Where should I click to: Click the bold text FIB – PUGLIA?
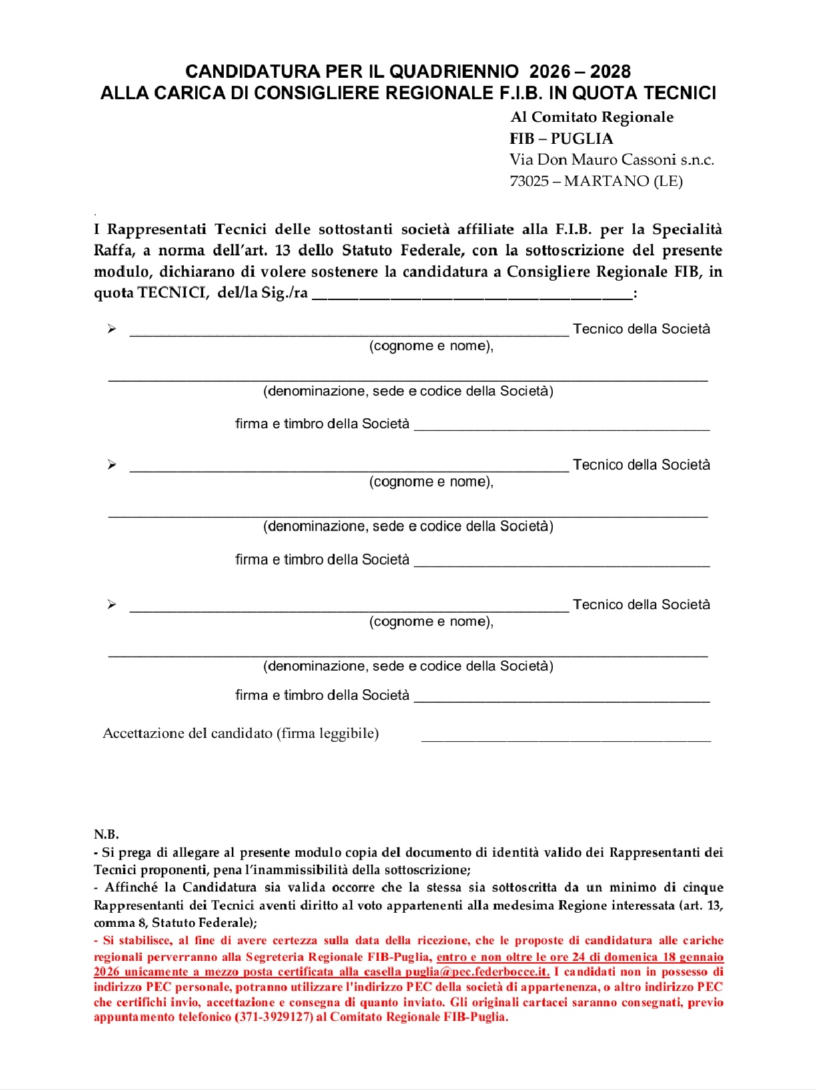pyautogui.click(x=561, y=138)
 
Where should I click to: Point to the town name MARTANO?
pyautogui.click(x=606, y=181)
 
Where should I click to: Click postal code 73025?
pyautogui.click(x=529, y=181)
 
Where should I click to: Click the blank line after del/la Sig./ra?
pyautogui.click(x=472, y=295)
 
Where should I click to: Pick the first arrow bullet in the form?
pyautogui.click(x=111, y=328)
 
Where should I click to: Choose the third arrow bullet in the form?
pyautogui.click(x=111, y=604)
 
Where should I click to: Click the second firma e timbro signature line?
pyautogui.click(x=561, y=564)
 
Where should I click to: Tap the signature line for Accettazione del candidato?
pyautogui.click(x=566, y=739)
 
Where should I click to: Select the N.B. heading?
pyautogui.click(x=106, y=834)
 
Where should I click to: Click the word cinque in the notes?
pyautogui.click(x=702, y=887)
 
